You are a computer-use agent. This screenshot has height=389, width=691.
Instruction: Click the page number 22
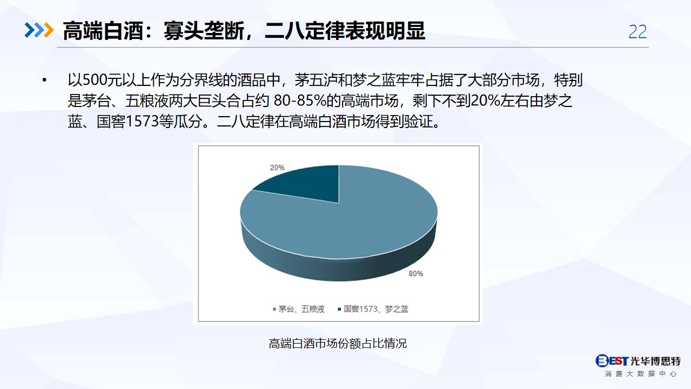638,32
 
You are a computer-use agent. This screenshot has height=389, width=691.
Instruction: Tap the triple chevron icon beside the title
39,30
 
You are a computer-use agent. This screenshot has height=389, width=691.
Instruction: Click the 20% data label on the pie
277,167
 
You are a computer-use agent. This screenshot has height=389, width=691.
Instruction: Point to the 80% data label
416,273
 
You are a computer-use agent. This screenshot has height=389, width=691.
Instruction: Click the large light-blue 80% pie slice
355,222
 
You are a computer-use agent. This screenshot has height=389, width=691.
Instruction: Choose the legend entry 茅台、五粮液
299,309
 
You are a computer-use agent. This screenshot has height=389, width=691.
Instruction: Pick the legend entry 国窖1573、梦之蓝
373,309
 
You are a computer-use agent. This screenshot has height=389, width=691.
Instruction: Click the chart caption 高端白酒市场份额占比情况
338,343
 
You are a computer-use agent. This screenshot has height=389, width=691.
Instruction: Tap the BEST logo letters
612,360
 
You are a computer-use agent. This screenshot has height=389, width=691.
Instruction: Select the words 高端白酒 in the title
103,31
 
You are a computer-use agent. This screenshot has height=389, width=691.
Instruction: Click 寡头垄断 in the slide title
204,31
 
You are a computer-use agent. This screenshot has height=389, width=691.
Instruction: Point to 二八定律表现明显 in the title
345,31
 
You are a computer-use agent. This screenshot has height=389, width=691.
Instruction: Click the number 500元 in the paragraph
102,80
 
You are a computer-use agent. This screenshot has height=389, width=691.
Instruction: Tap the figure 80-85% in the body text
300,100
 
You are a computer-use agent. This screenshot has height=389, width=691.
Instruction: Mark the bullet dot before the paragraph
44,80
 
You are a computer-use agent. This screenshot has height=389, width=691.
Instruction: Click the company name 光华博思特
655,361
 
